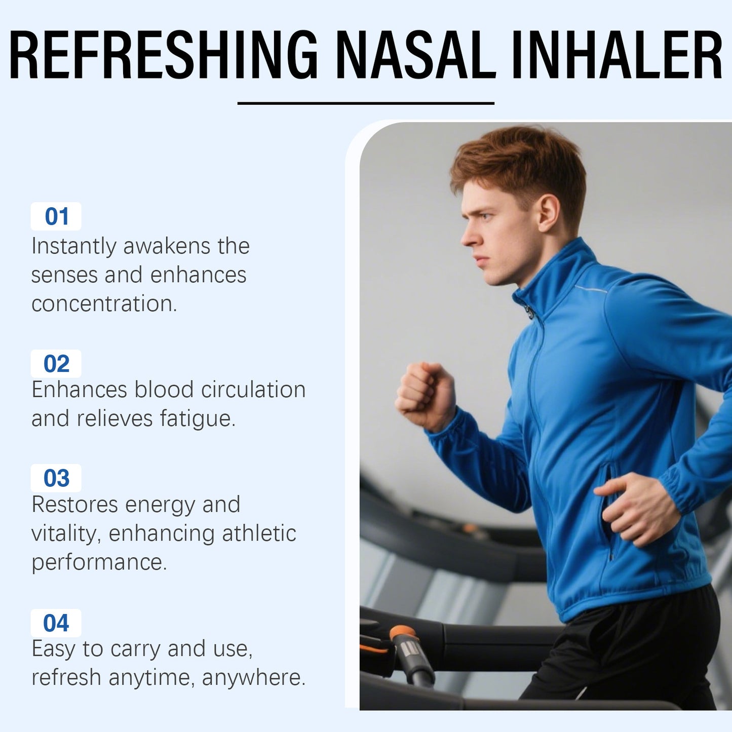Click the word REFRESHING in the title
tap(163, 55)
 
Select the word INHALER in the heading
tap(617, 55)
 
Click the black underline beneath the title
tap(366, 103)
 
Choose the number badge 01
tap(56, 217)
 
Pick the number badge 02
tap(56, 364)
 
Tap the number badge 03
tap(56, 478)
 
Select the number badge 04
tap(56, 623)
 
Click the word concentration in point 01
tap(104, 304)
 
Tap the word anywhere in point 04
tap(253, 678)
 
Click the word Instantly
tap(74, 246)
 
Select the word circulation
tap(253, 390)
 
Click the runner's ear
tap(548, 213)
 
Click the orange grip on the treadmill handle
tap(403, 633)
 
